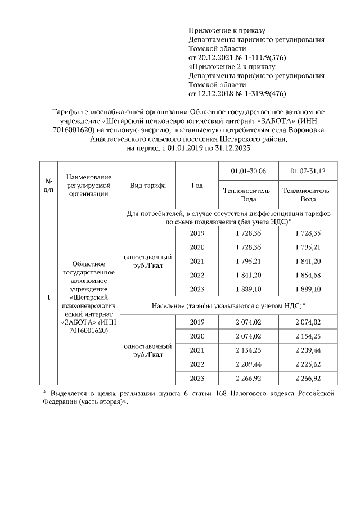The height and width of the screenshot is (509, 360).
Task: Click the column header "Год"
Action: click(197, 186)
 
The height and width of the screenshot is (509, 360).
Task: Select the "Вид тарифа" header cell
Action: click(148, 186)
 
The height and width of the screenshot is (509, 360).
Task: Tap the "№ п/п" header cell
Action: click(48, 186)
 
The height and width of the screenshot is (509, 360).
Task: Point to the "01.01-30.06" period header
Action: click(249, 170)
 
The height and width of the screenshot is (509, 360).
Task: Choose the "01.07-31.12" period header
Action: click(308, 170)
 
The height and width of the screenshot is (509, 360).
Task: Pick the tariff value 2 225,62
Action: click(308, 364)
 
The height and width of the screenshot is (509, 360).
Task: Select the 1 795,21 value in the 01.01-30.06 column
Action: click(249, 261)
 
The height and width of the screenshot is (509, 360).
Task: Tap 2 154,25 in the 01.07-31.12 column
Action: click(308, 336)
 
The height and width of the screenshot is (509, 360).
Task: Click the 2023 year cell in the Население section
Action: click(197, 378)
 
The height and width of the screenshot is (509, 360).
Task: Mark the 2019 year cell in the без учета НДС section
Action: click(197, 233)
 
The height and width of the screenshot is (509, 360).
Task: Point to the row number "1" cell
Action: click(48, 297)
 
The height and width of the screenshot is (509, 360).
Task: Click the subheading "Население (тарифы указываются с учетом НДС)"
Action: click(228, 305)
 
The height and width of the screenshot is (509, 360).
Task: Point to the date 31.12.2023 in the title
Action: click(231, 148)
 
